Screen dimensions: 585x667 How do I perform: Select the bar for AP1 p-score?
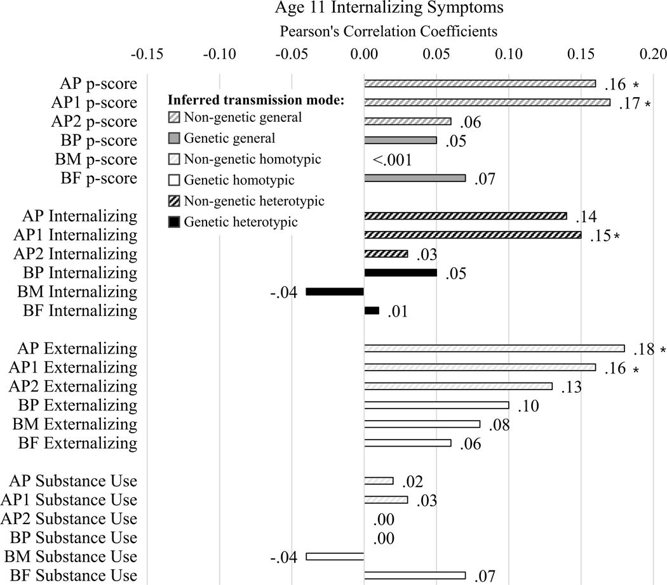coord(487,103)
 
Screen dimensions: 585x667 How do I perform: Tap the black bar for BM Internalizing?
coord(335,292)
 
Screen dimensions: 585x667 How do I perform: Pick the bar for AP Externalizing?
coord(494,348)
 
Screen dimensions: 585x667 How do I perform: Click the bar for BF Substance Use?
coord(415,575)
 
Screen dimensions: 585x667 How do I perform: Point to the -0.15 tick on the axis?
coord(147,55)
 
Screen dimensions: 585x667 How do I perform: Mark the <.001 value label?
coord(393,160)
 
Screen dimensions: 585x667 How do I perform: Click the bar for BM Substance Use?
coord(335,556)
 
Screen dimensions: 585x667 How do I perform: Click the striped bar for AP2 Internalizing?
coord(386,254)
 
